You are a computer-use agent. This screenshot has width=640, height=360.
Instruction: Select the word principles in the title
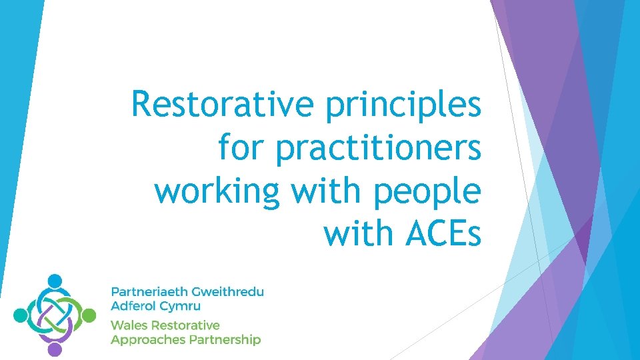[x=403, y=105]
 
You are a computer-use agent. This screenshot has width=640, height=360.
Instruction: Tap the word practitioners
[x=378, y=148]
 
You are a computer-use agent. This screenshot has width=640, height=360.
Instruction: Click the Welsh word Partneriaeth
[x=148, y=292]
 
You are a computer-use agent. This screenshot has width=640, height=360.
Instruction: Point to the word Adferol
[x=133, y=307]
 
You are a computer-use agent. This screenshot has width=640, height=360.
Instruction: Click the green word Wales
[x=129, y=325]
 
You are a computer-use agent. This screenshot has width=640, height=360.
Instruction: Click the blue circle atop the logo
[x=55, y=281]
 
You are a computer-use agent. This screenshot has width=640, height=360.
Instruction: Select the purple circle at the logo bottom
[x=55, y=349]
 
